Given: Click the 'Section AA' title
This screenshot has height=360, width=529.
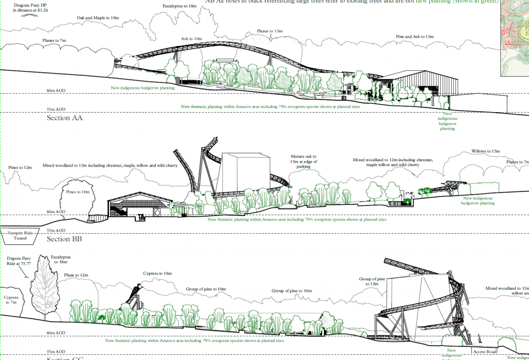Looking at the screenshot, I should [x=65, y=118].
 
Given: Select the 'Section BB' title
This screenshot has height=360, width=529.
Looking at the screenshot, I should [x=65, y=239].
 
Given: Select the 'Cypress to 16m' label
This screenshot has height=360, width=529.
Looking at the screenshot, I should [x=157, y=273].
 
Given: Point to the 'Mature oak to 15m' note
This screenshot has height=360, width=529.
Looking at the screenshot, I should [x=304, y=161].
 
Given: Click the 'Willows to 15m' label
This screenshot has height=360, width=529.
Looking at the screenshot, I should [x=485, y=151].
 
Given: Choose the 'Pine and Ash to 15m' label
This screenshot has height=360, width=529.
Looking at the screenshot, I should [x=415, y=36].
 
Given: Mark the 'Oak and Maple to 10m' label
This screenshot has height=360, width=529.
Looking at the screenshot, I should [x=97, y=18].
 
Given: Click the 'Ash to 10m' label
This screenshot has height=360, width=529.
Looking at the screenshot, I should [x=191, y=39].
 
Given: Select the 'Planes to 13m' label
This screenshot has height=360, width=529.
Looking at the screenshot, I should [x=270, y=31].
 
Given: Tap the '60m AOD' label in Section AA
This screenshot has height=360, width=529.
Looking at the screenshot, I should [x=54, y=90].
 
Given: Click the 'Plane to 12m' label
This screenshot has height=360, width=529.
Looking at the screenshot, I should [x=76, y=275].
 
